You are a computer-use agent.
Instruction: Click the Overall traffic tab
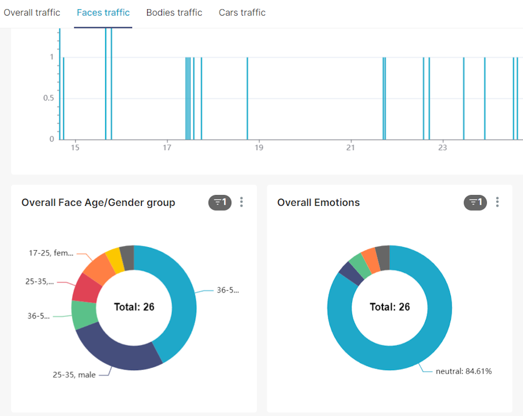[32, 13]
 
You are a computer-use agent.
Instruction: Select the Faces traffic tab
[103, 13]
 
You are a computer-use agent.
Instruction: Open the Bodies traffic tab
[174, 13]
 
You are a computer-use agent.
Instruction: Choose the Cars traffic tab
[242, 13]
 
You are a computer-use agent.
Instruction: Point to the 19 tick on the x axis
[259, 147]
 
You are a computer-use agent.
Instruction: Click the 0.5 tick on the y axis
[48, 98]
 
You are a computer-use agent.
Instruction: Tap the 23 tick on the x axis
[442, 147]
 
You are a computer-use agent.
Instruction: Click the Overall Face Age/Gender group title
[98, 202]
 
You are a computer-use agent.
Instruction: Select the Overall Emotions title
[318, 202]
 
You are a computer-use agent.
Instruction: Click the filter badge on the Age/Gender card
[220, 202]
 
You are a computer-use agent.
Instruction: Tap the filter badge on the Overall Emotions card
[475, 202]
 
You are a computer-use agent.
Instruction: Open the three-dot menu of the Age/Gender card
[242, 202]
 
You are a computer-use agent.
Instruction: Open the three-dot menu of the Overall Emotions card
[497, 202]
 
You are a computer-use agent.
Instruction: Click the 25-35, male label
[74, 375]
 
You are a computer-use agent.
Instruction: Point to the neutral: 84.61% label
[464, 371]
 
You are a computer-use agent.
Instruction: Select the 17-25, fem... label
[51, 253]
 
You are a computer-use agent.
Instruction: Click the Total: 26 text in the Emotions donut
[390, 307]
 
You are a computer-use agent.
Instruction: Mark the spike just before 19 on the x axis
[248, 99]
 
